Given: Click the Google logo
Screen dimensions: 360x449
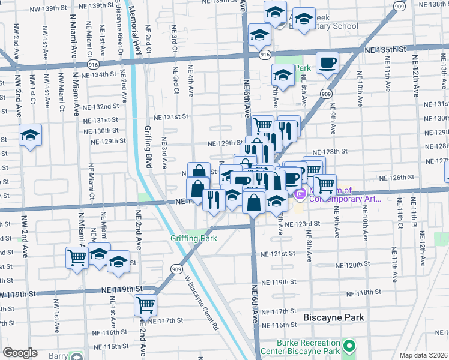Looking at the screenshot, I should click(x=20, y=353).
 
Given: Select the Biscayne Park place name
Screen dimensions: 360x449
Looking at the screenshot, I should click(x=334, y=317).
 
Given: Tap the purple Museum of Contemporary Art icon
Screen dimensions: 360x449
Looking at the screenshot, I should click(x=301, y=194).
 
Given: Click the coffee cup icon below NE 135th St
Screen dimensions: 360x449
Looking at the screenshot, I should click(x=327, y=63).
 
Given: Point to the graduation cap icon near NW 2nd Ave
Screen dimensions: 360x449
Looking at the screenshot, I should click(x=30, y=136).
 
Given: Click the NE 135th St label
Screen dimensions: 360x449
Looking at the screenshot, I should click(x=385, y=53).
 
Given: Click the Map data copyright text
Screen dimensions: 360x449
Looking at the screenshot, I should click(x=423, y=355).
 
